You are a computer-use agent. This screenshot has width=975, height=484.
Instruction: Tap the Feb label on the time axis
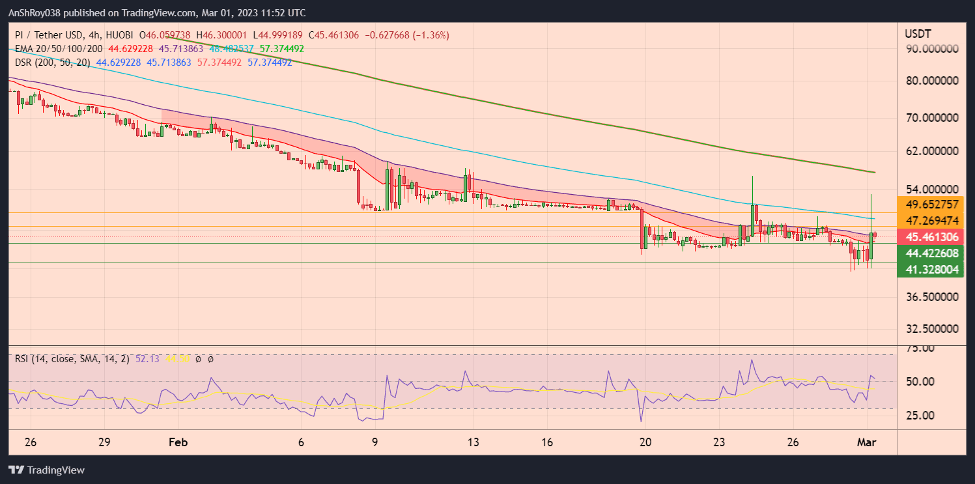pyautogui.click(x=178, y=442)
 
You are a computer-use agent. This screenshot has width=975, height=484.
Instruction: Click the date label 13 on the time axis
pyautogui.click(x=473, y=442)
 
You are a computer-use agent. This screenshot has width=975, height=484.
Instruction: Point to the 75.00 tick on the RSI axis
pyautogui.click(x=920, y=349)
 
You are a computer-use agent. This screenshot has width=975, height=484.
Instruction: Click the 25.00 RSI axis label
pyautogui.click(x=920, y=415)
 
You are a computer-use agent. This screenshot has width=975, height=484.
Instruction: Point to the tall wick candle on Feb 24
pyautogui.click(x=753, y=195)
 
